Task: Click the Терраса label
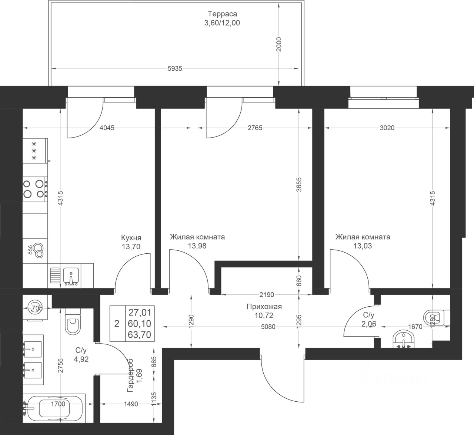tap(222, 14)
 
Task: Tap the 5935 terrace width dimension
tap(175, 69)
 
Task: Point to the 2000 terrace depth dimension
tap(279, 44)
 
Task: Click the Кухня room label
tap(131, 237)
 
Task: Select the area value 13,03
tap(363, 246)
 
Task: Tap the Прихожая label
tap(264, 307)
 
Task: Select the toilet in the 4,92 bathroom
tap(73, 321)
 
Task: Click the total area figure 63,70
tap(139, 335)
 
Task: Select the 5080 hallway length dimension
tap(268, 327)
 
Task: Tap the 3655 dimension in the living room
tap(299, 185)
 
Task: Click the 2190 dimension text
tap(267, 295)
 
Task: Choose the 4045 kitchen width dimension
tap(107, 128)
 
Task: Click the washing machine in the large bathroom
tap(35, 307)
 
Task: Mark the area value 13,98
tap(197, 246)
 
